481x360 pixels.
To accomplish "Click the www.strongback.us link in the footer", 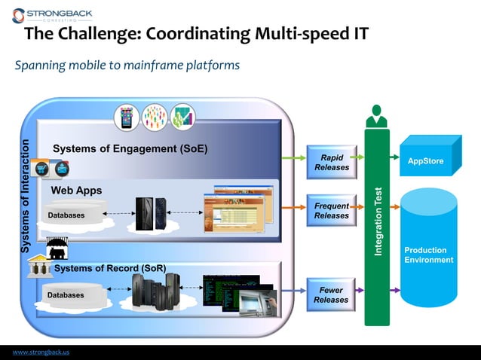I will pos(41,352).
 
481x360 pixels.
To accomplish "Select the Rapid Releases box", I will pos(332,162).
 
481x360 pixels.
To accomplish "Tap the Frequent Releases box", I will pos(332,211).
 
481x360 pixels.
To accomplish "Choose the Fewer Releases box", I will pos(331,294).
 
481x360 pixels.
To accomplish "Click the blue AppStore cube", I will pos(427,160).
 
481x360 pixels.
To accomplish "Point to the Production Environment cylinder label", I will pos(428,255).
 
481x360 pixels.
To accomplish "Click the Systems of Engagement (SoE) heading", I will pos(130,148).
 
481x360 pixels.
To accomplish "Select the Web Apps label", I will pos(76,191).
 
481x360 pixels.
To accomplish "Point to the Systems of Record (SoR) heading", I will pos(110,268).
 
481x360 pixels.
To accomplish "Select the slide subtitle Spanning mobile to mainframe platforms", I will pos(127,66).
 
